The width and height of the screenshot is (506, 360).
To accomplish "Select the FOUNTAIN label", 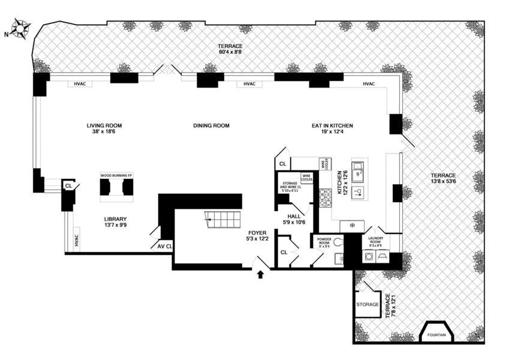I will click(x=436, y=335).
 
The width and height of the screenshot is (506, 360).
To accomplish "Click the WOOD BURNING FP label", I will click(x=116, y=175).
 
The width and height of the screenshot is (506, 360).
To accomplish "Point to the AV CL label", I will click(x=165, y=246).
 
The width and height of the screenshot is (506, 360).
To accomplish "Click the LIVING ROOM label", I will click(x=104, y=125).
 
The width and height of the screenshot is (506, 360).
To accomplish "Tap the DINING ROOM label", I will click(x=211, y=125).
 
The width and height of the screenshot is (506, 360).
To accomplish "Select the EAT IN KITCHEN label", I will click(x=332, y=125).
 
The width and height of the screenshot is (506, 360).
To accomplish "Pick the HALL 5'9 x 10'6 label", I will click(x=294, y=219).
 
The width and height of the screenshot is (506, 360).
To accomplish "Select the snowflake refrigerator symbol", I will click(x=351, y=226).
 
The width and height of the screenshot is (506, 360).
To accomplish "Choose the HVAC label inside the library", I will click(x=76, y=240).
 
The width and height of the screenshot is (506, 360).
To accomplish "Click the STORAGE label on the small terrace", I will click(x=367, y=304).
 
